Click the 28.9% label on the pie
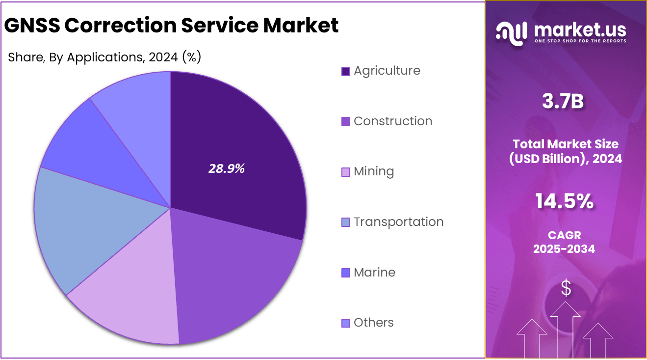[227, 169]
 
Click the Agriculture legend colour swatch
[346, 71]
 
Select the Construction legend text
[393, 121]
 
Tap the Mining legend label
[374, 172]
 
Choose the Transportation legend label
[398, 222]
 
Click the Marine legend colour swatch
[346, 273]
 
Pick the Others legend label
[373, 323]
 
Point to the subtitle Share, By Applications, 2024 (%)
[104, 57]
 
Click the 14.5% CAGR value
[564, 201]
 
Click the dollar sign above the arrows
[566, 288]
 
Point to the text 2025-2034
[564, 249]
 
